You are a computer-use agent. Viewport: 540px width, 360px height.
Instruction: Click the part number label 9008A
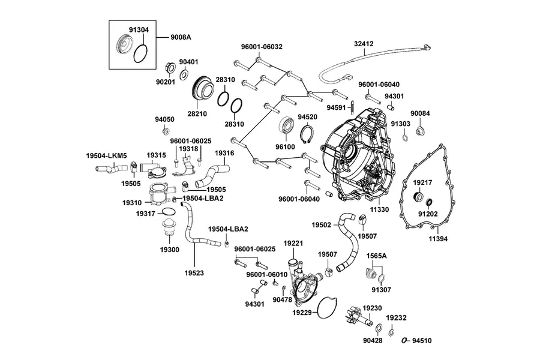coord(181,37)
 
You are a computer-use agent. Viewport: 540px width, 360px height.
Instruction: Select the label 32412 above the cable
coord(364,44)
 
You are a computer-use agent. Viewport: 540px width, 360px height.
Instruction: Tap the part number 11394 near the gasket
coord(438,238)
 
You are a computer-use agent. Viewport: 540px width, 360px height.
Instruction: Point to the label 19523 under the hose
coord(194,273)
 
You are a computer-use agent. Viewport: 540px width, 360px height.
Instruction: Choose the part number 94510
coord(422,341)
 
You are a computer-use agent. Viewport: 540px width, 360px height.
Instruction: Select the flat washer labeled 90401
coord(185,74)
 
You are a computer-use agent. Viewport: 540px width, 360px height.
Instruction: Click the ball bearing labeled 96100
coord(287,126)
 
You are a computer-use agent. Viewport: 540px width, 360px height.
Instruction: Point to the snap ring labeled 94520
coord(308,136)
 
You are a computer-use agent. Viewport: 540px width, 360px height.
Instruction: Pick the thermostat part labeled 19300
coord(169,228)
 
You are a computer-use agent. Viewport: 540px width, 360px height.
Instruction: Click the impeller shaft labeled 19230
coord(360,317)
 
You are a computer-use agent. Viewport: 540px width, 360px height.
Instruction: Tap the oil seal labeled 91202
coord(430,203)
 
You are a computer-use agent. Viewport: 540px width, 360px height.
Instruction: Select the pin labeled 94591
coord(353,107)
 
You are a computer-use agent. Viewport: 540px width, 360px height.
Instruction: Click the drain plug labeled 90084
coord(420,131)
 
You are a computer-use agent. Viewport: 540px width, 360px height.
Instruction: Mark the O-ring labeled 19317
coord(166,212)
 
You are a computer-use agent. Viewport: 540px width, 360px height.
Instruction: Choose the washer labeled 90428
coord(378,327)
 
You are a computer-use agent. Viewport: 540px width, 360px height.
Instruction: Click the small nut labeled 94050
coord(166,131)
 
